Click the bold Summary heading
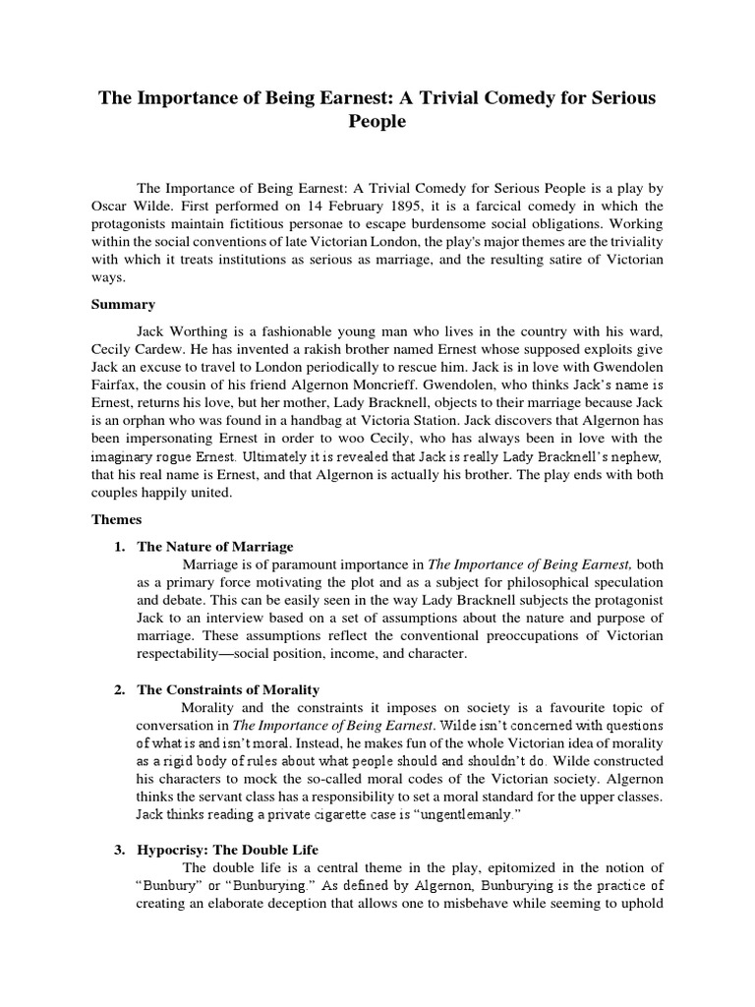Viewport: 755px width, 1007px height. click(x=123, y=305)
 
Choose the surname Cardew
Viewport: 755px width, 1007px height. click(x=173, y=351)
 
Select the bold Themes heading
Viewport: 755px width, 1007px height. click(x=117, y=520)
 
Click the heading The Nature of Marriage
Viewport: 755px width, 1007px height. click(x=214, y=547)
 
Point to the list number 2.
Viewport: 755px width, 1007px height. click(x=120, y=690)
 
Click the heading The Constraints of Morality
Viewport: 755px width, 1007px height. click(x=228, y=690)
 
